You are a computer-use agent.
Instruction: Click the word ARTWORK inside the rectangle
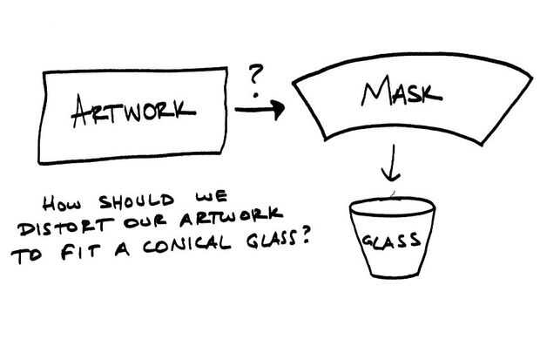click(x=133, y=111)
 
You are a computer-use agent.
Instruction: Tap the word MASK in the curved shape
click(x=402, y=91)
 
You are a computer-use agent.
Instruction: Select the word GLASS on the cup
click(x=392, y=241)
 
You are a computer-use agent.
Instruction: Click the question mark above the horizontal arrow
click(x=256, y=80)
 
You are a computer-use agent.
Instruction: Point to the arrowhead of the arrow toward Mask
click(x=278, y=110)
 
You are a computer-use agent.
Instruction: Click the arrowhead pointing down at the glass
click(x=390, y=175)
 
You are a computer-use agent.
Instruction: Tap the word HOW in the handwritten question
click(x=62, y=203)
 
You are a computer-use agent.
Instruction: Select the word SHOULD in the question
click(x=137, y=201)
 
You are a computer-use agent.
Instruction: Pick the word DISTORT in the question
click(x=65, y=227)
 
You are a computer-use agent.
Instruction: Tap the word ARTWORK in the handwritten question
click(x=231, y=217)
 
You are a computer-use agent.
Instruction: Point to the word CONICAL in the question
click(x=186, y=244)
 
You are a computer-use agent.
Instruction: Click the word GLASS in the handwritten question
click(x=271, y=239)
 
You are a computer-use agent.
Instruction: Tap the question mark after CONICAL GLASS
click(x=304, y=236)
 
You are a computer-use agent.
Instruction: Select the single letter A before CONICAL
click(x=122, y=250)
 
